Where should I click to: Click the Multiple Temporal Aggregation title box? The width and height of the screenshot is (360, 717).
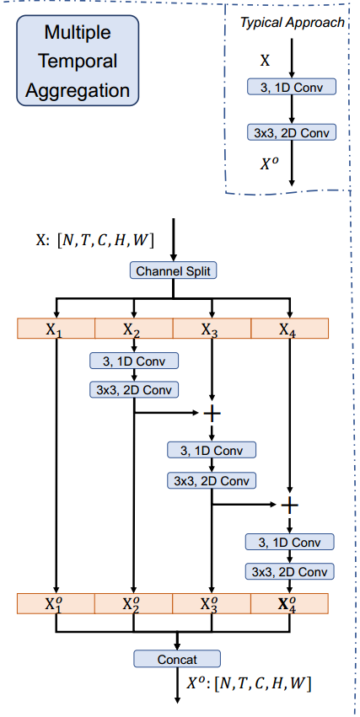point(78,62)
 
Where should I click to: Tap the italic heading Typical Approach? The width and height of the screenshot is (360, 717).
point(292,23)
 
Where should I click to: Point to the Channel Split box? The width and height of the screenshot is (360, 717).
point(173,271)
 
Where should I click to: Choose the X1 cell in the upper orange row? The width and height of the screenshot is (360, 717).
point(56,329)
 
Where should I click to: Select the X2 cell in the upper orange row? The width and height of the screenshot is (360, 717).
point(133,329)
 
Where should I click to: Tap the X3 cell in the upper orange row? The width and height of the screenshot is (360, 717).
point(211,329)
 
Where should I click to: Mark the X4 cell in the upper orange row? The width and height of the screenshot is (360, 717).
point(289,329)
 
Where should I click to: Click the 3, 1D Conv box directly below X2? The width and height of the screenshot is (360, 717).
point(133,361)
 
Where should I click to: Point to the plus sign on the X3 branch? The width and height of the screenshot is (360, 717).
point(212,413)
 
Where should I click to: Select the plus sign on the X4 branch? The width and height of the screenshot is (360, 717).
point(289,505)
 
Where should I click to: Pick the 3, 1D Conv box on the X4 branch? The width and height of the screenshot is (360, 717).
point(289,542)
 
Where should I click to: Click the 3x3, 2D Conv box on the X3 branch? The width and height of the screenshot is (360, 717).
point(212,480)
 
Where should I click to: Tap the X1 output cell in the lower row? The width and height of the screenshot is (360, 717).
point(56,603)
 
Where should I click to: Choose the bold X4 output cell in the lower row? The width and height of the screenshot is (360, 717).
point(289,603)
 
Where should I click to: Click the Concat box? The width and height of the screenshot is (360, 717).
point(177,659)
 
